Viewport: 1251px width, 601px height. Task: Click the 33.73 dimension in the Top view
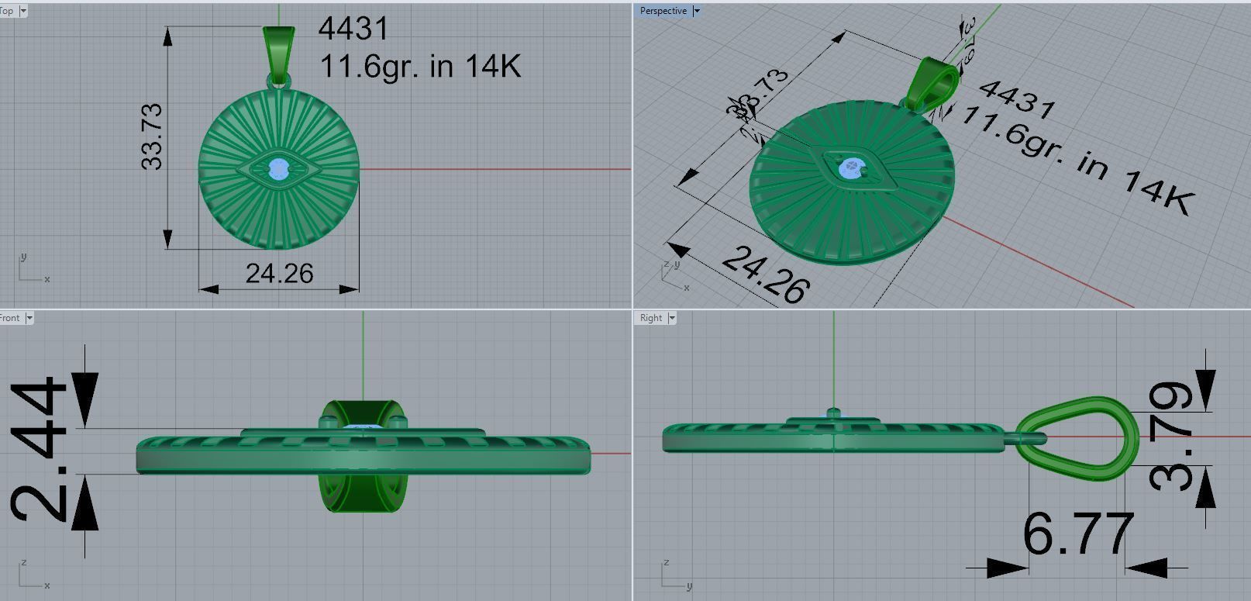tap(153, 136)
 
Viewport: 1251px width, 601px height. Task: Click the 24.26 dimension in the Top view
tap(279, 274)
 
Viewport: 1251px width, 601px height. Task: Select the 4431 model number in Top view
tap(353, 29)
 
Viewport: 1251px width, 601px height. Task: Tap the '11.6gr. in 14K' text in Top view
tap(419, 66)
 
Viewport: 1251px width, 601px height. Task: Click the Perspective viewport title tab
tap(663, 11)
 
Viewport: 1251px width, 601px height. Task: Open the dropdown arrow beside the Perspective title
tap(696, 11)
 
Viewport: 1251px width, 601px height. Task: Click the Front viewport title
tap(11, 318)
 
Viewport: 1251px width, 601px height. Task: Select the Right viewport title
tap(651, 318)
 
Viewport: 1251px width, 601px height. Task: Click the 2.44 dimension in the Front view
tap(38, 450)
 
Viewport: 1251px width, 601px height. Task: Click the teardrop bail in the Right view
tap(1081, 438)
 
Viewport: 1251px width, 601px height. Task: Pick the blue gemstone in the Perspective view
tap(853, 168)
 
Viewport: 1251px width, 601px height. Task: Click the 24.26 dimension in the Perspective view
tap(766, 274)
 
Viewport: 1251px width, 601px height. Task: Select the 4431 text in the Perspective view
tap(1016, 99)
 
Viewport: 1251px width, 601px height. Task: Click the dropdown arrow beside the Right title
tap(672, 318)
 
